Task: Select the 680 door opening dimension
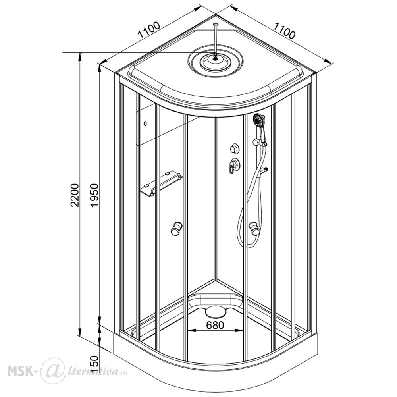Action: point(215,325)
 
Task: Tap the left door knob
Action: point(176,228)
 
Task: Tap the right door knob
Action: point(254,228)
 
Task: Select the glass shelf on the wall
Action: point(161,184)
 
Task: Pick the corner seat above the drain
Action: point(215,299)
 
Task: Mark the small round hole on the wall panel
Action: point(145,123)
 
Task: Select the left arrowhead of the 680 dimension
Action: point(191,330)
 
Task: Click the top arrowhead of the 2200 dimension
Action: point(80,56)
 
